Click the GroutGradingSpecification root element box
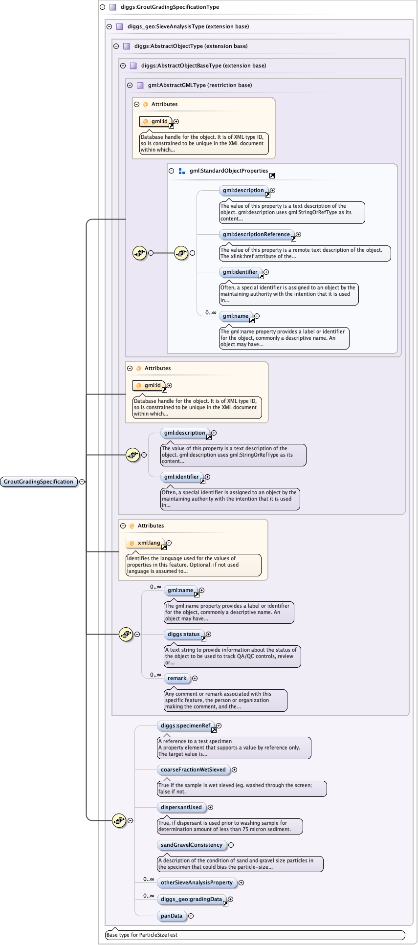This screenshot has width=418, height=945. pos(39,482)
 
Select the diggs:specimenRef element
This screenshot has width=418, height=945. pos(186,725)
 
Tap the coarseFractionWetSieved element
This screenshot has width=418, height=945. pos(193,769)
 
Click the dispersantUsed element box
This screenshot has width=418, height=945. pos(181,807)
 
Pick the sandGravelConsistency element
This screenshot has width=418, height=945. pos(192,845)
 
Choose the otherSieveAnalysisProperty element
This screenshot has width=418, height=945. pos(197,882)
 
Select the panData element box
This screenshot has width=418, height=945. pos(172,916)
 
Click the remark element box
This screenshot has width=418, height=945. pos(177,678)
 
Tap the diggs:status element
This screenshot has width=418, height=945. pos(184,634)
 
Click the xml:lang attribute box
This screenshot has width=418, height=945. pos(146,543)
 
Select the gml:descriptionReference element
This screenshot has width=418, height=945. pos(257,234)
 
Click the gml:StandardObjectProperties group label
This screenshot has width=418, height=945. pos(228,171)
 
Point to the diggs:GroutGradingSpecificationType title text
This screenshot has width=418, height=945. pos(170,7)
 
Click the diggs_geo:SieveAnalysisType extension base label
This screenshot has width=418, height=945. pos(188,26)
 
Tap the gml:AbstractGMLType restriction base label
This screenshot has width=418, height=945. pos(200,85)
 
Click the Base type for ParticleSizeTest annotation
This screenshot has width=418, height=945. pos(142,935)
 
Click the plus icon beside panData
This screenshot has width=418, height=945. pos(191,916)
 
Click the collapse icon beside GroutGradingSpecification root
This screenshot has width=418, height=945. pos(82,482)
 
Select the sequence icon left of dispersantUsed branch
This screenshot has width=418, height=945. pos(119,820)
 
